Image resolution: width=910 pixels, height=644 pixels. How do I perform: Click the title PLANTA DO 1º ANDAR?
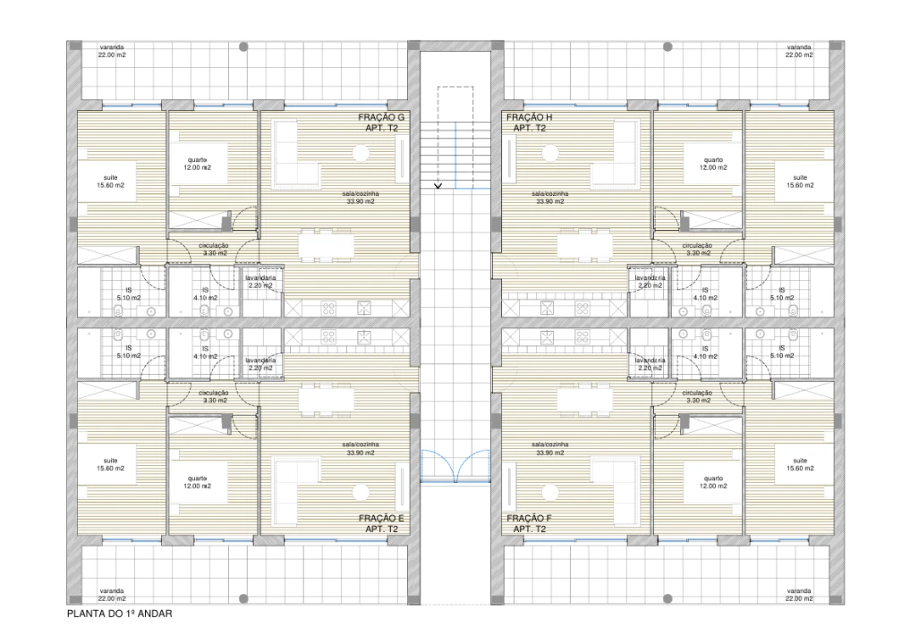pyautogui.click(x=118, y=614)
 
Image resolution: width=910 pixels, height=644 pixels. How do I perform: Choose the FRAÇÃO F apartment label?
pyautogui.click(x=530, y=523)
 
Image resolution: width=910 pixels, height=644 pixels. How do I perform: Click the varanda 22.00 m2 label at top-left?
pyautogui.click(x=112, y=51)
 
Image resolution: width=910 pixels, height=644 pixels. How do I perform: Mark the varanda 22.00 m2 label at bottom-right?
pyautogui.click(x=799, y=594)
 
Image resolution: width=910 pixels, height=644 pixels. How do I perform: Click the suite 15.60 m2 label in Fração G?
pyautogui.click(x=112, y=182)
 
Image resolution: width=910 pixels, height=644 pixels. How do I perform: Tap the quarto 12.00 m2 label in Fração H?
pyautogui.click(x=713, y=164)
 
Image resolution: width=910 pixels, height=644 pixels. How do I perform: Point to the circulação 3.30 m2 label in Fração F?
pyautogui.click(x=696, y=397)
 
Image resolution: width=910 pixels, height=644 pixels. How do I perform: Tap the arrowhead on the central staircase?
pyautogui.click(x=438, y=186)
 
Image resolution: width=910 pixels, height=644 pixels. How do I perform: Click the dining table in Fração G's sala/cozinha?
pyautogui.click(x=325, y=244)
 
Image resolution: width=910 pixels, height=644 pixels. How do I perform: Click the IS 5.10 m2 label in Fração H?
pyautogui.click(x=781, y=293)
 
